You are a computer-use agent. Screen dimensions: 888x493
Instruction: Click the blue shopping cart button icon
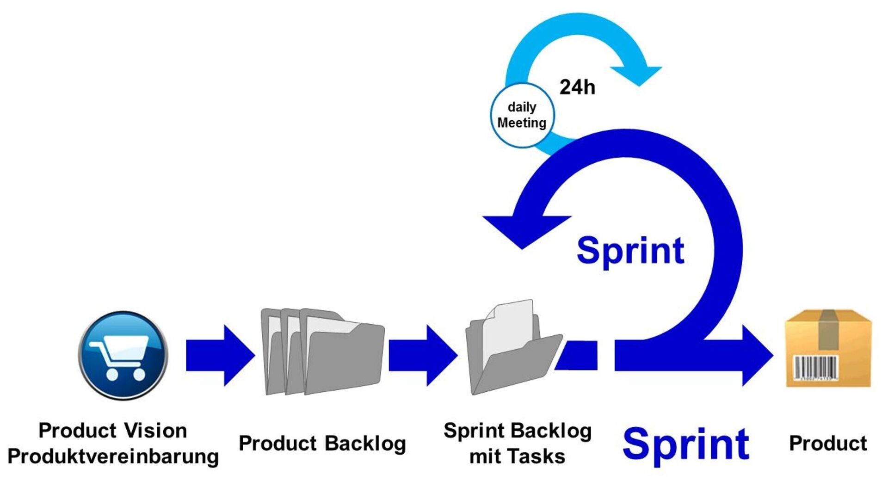(x=123, y=355)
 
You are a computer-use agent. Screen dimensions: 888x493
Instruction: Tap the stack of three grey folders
(x=322, y=351)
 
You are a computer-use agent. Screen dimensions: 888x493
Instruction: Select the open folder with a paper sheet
(x=514, y=347)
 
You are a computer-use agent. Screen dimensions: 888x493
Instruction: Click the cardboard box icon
(x=828, y=348)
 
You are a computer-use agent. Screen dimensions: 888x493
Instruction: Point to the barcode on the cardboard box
(x=816, y=368)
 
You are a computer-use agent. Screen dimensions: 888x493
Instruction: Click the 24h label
(x=577, y=87)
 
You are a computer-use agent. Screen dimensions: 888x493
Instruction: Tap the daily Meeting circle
(x=522, y=115)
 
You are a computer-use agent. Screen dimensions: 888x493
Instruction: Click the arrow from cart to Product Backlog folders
(x=220, y=355)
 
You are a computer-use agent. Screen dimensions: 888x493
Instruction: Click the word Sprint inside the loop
(x=631, y=251)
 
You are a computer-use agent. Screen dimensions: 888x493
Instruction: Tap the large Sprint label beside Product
(x=686, y=445)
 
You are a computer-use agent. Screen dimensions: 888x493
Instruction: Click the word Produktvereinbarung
(x=113, y=457)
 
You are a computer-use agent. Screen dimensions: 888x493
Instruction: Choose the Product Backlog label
(x=322, y=443)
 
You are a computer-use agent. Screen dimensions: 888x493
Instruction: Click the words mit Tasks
(x=517, y=456)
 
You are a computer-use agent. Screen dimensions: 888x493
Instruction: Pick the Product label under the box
(x=828, y=443)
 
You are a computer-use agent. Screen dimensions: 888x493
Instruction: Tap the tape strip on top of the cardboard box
(x=828, y=329)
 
